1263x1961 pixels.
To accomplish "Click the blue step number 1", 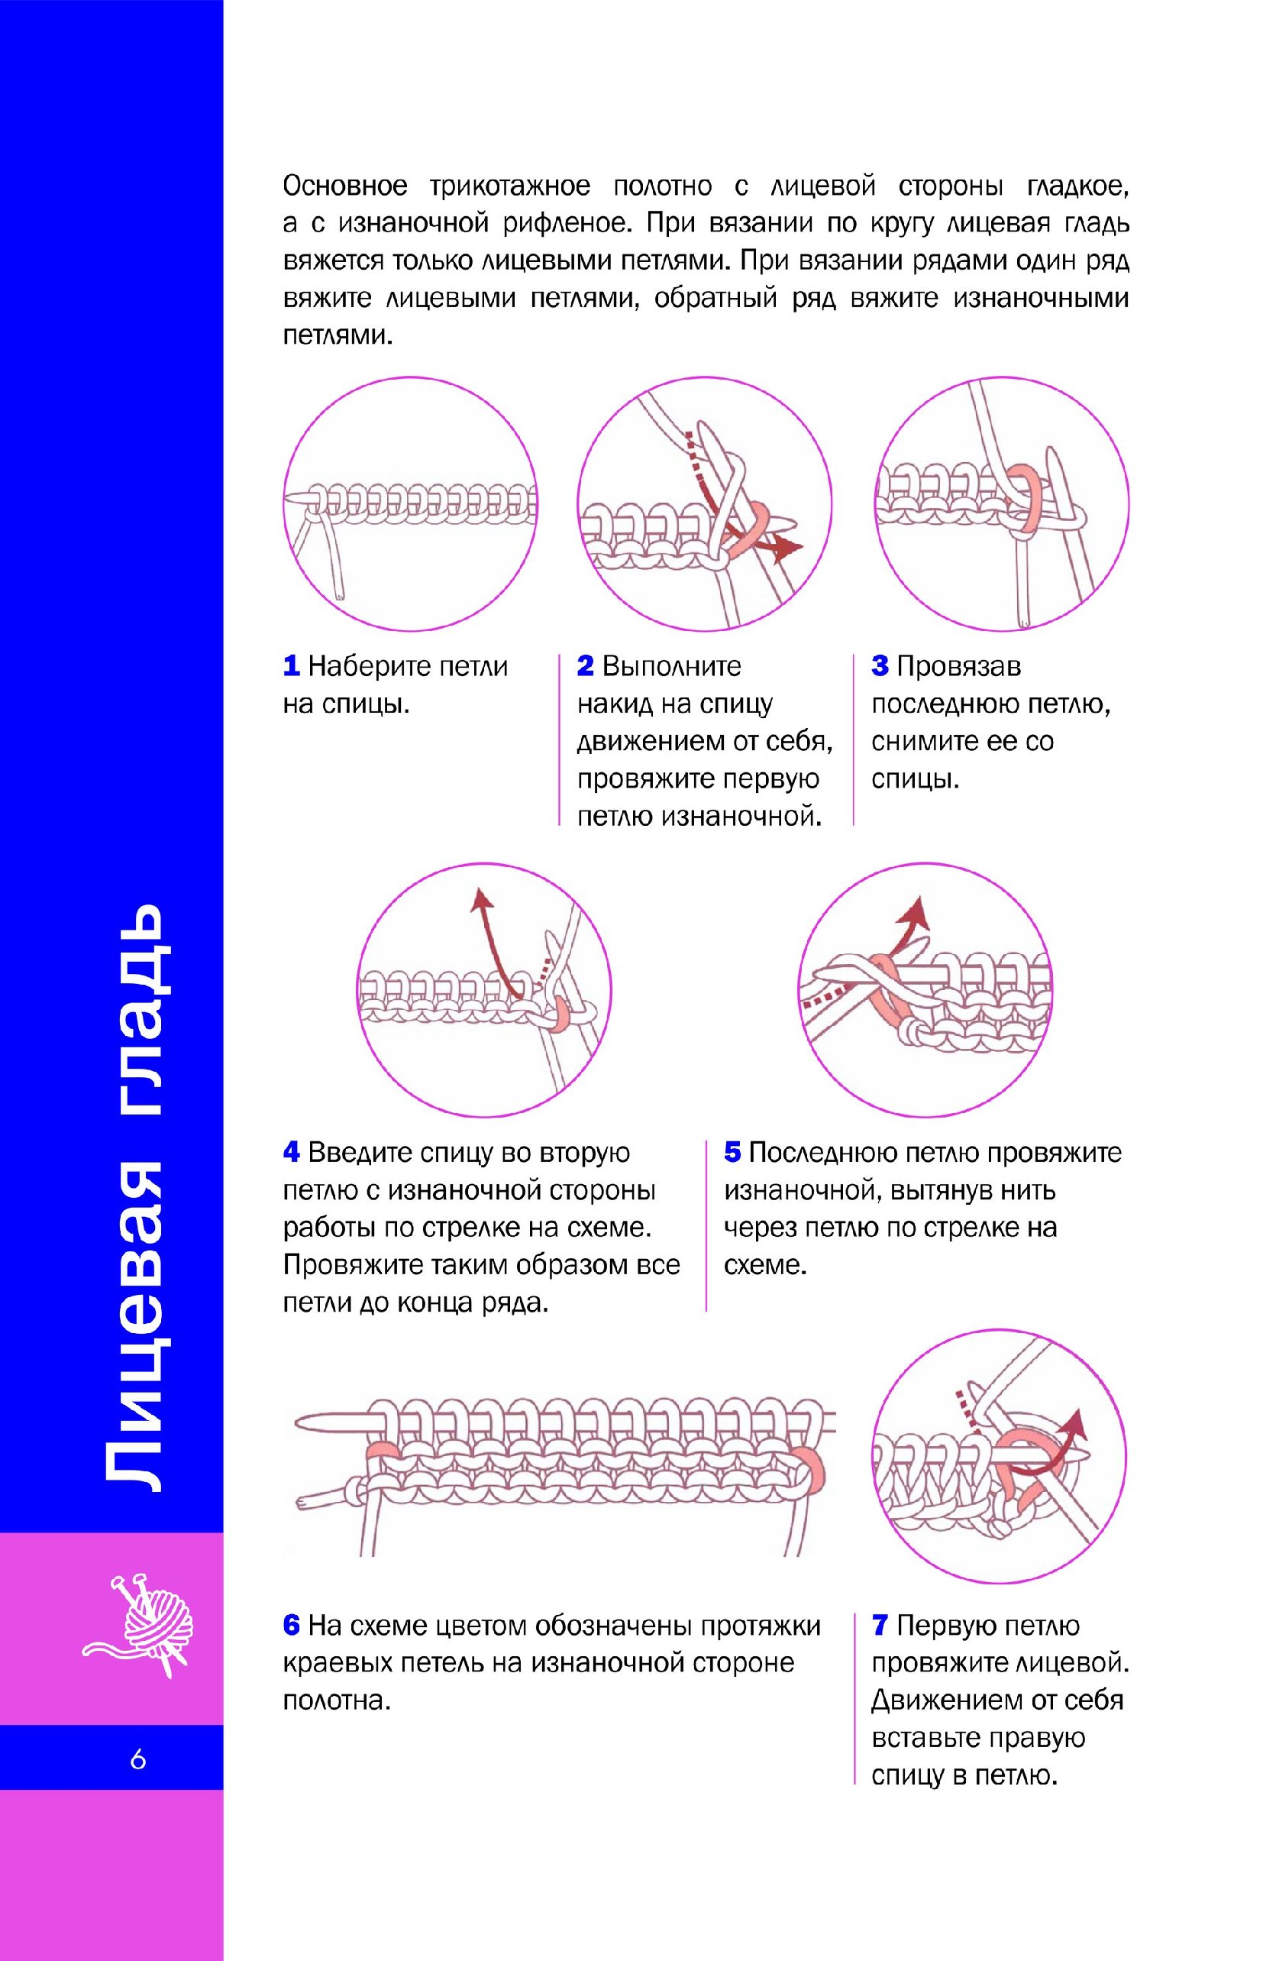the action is pyautogui.click(x=291, y=666).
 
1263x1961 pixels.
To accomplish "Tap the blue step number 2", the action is pyautogui.click(x=585, y=666).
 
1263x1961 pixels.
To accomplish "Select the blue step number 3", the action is pyautogui.click(x=880, y=666).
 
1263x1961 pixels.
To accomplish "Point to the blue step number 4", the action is pyautogui.click(x=291, y=1153).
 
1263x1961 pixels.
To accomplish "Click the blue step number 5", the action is pyautogui.click(x=732, y=1153).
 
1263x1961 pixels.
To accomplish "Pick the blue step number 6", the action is pyautogui.click(x=291, y=1626).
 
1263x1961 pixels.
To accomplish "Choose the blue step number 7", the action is pyautogui.click(x=880, y=1626).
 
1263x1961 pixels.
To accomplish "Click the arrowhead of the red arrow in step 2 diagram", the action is pyautogui.click(x=789, y=547).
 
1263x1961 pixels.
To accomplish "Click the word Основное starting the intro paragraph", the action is pyautogui.click(x=345, y=187).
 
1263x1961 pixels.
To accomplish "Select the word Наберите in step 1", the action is pyautogui.click(x=368, y=666).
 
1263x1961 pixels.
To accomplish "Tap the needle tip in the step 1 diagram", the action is pyautogui.click(x=289, y=498).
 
